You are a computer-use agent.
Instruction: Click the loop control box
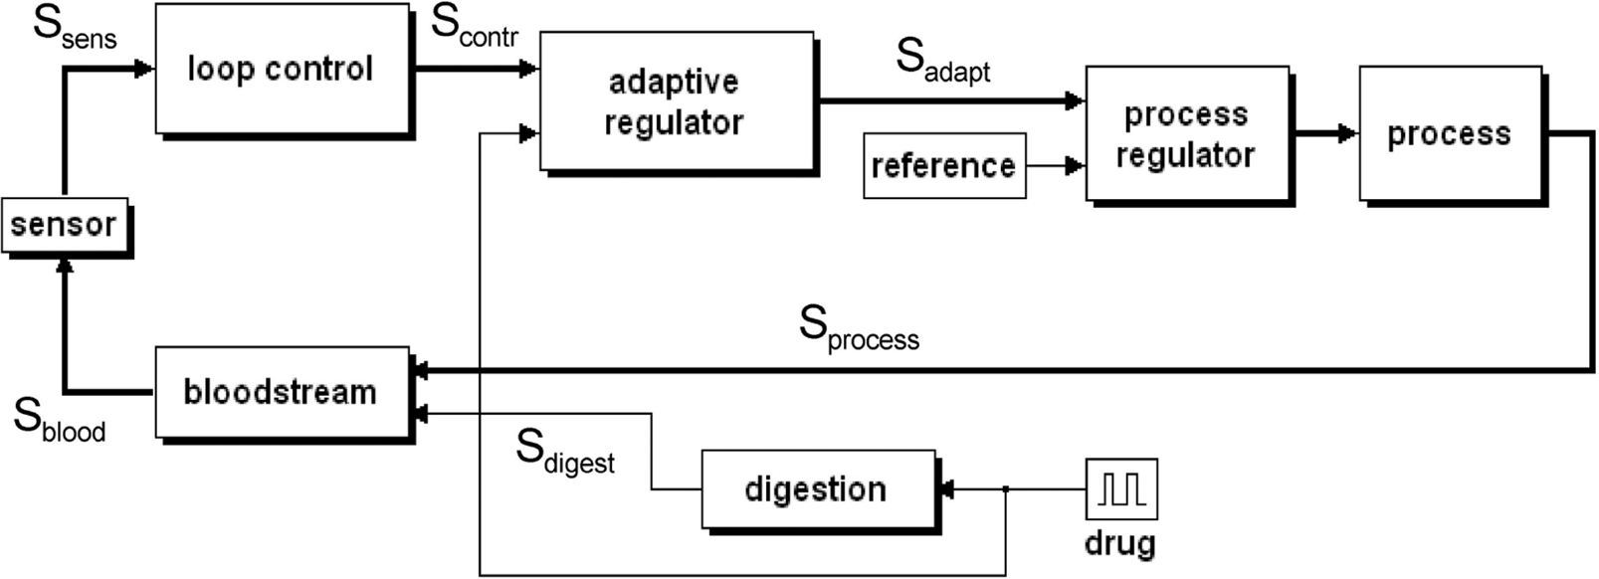point(285,71)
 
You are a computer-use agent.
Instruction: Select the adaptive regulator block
point(679,102)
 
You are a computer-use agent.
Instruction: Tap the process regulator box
point(1190,135)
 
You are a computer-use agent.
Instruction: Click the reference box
point(944,165)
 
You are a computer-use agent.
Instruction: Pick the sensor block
point(67,228)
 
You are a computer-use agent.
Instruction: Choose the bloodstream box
point(285,395)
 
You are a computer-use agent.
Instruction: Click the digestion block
point(821,491)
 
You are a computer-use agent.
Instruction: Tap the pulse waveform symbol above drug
point(1122,489)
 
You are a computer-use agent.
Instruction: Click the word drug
point(1120,545)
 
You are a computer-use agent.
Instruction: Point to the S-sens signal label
point(75,29)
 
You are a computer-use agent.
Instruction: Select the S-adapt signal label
point(943,62)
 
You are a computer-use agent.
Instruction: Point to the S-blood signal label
point(60,420)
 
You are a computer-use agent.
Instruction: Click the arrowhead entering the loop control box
point(145,69)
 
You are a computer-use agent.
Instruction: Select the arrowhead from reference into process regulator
point(1075,165)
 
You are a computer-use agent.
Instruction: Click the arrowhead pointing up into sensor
point(65,266)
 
